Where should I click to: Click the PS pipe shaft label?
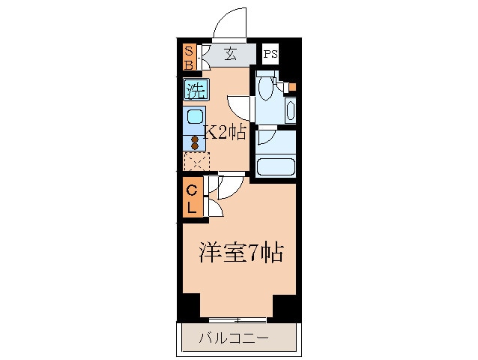click(270, 54)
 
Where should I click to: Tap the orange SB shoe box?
click(189, 56)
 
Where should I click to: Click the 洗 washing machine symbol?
click(196, 92)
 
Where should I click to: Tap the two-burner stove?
click(195, 141)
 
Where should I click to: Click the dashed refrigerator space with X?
click(196, 160)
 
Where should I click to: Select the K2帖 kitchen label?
click(225, 133)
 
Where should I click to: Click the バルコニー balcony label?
click(233, 339)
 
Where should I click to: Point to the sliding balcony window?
click(238, 320)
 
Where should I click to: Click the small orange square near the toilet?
click(292, 87)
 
